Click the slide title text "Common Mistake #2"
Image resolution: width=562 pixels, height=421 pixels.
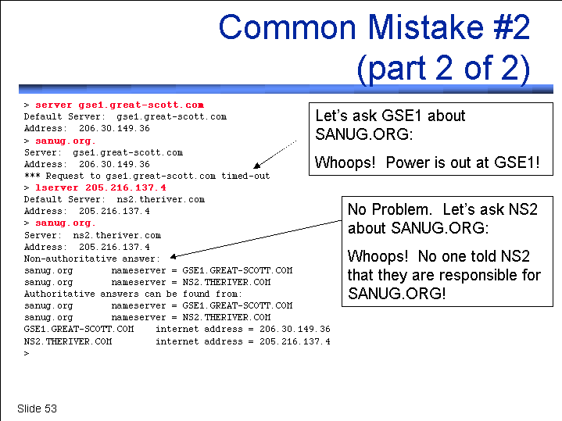[x=374, y=27]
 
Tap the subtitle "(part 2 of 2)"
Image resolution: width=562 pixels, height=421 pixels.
[x=444, y=68]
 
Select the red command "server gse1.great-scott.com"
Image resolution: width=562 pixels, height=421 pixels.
[x=120, y=105]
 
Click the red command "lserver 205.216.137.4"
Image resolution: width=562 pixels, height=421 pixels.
[x=101, y=187]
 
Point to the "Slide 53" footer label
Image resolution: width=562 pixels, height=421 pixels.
[x=37, y=409]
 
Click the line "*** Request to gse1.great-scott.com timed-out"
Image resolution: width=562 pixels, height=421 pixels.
[x=147, y=176]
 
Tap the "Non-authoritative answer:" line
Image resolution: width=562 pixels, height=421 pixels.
[x=91, y=259]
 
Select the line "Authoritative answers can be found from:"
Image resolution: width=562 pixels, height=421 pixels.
[x=133, y=294]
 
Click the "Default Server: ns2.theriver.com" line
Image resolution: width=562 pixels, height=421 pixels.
[x=114, y=199]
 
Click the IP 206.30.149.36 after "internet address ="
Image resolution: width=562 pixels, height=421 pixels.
[x=295, y=329]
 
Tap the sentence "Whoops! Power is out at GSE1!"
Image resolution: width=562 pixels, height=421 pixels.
[x=428, y=162]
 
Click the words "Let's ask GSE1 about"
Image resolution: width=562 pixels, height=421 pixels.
[x=390, y=116]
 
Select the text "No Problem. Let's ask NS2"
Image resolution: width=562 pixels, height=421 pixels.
[x=442, y=209]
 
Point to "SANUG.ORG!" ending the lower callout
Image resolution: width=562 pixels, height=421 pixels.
[x=397, y=294]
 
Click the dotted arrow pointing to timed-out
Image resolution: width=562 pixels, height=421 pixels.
[x=275, y=155]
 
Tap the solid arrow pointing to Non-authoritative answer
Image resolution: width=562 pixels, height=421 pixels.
[x=256, y=239]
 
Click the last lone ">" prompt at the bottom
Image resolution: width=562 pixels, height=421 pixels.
[x=27, y=354]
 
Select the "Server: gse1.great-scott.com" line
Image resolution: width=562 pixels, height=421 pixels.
[x=104, y=152]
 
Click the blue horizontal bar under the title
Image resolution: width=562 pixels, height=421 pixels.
[x=286, y=89]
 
